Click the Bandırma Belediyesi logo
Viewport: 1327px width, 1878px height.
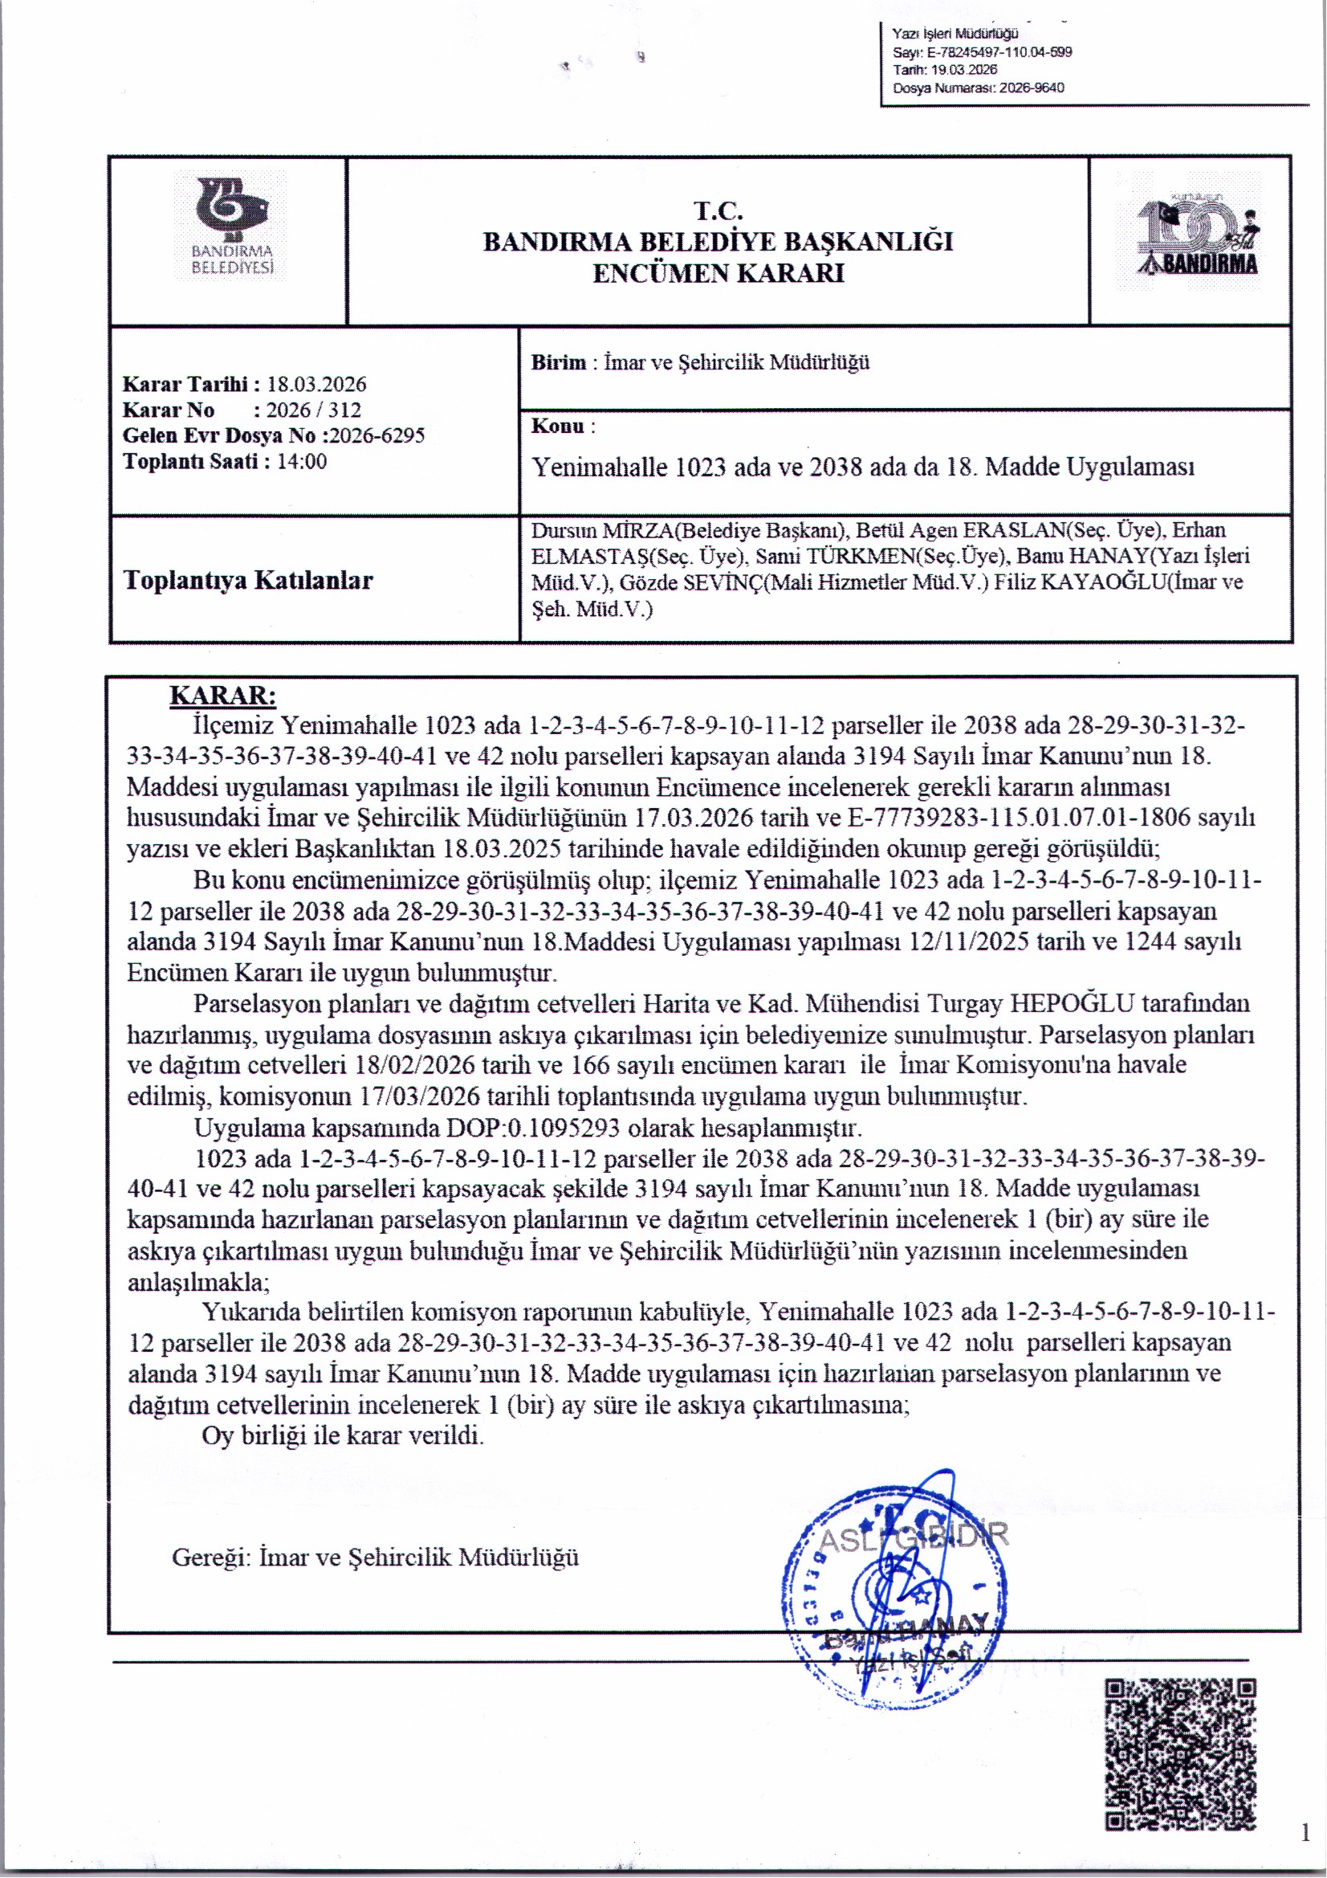pos(230,226)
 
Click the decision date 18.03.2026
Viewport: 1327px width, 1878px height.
pos(316,385)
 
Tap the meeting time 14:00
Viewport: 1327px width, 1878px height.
pos(302,461)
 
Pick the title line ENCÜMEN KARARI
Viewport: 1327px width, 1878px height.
pos(718,273)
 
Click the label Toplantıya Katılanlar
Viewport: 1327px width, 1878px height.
pos(248,580)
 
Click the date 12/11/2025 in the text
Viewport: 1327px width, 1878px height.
pos(969,941)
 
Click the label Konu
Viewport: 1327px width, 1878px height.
pos(558,427)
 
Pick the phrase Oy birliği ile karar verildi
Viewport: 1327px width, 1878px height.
pos(343,1435)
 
